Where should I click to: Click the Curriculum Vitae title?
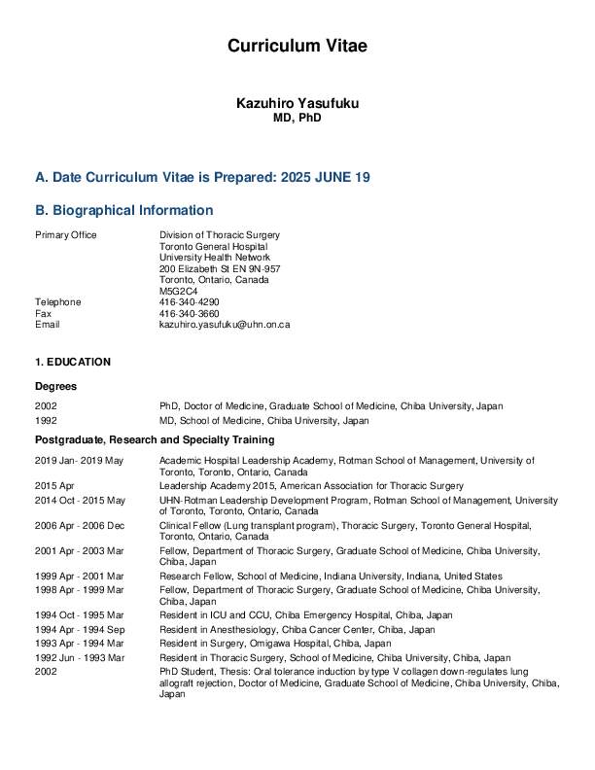297,46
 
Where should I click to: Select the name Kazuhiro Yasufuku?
297,103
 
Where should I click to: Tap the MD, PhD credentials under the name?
297,118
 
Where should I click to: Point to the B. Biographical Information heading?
123,210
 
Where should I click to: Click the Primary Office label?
65,235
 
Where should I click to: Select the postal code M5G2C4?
178,291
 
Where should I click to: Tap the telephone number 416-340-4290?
190,302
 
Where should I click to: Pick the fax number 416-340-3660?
190,313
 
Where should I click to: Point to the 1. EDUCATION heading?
73,362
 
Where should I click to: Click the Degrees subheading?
56,386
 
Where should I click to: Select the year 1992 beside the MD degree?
46,421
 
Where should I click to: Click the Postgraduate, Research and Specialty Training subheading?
155,440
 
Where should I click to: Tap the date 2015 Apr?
52,485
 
